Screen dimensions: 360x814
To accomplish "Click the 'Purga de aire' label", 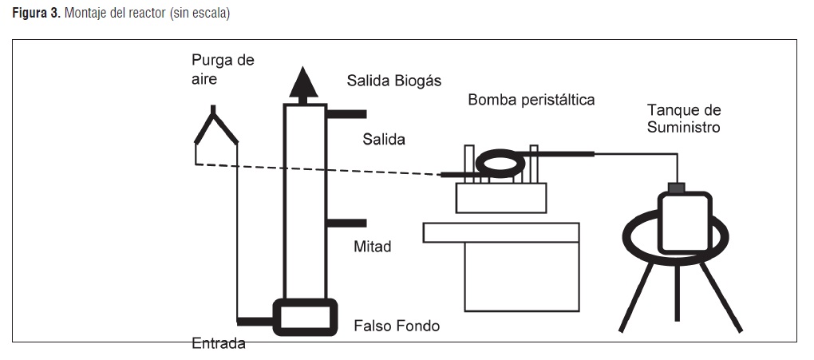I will [223, 69].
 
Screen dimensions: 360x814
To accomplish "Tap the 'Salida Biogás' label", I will [394, 81].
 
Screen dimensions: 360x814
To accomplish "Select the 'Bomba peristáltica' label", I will [531, 100].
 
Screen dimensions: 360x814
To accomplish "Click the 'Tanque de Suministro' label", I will [684, 118].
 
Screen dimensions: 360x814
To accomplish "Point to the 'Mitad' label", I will [373, 247].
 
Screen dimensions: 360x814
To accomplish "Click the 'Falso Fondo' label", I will [397, 326].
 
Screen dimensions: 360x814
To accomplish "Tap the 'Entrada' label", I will [219, 344].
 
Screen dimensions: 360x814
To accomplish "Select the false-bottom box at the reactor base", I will [306, 317].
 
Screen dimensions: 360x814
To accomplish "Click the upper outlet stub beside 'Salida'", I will [346, 115].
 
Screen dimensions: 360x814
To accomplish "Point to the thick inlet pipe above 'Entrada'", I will [255, 320].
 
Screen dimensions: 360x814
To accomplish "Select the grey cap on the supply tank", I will [677, 188].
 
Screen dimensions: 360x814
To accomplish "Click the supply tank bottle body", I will [685, 222].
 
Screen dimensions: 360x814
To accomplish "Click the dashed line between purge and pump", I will [319, 169].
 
